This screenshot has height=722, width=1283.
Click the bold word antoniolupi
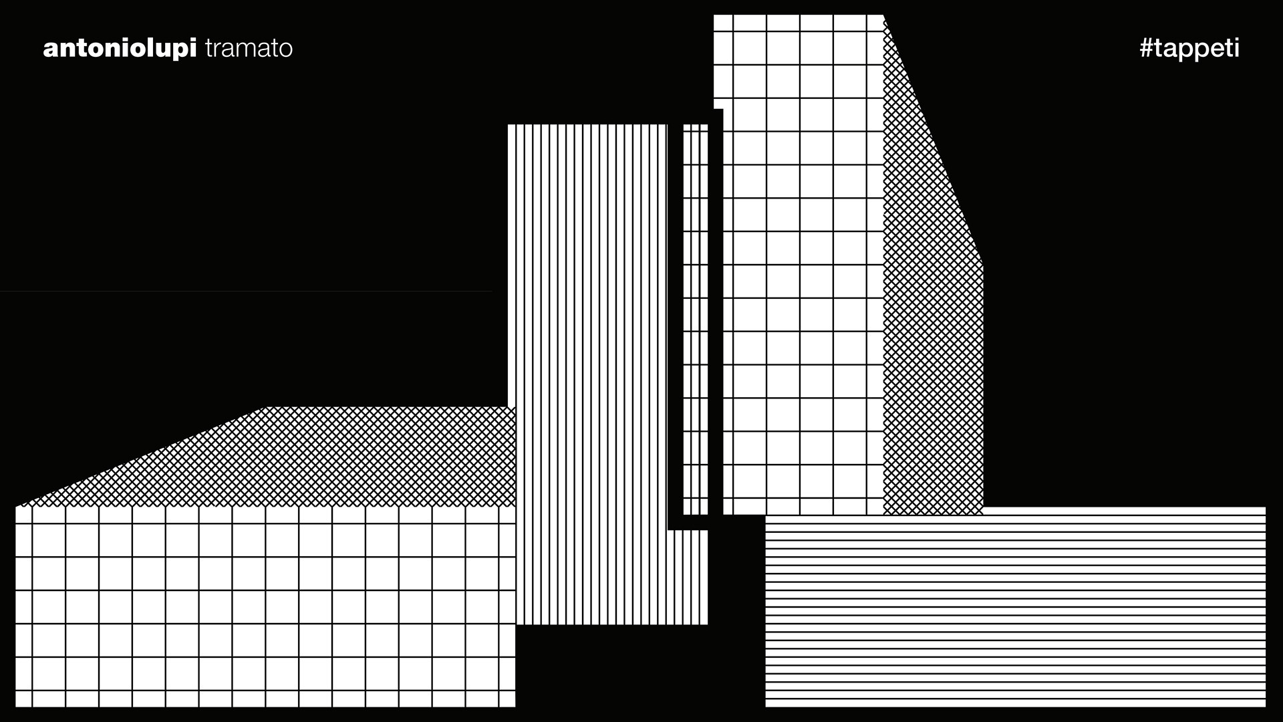pyautogui.click(x=120, y=49)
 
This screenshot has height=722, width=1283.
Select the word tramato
pyautogui.click(x=249, y=49)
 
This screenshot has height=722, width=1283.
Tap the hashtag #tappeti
pyautogui.click(x=1189, y=49)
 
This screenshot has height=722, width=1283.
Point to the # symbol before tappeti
pyautogui.click(x=1147, y=48)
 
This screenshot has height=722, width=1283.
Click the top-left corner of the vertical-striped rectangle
pyautogui.click(x=509, y=125)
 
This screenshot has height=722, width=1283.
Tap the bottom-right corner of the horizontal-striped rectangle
pyautogui.click(x=1265, y=706)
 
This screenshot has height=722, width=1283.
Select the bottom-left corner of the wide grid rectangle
pyautogui.click(x=16, y=706)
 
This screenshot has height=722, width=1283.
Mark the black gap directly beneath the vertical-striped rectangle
pyautogui.click(x=611, y=669)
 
